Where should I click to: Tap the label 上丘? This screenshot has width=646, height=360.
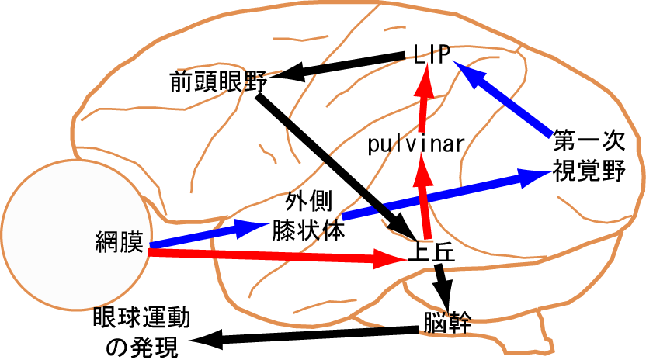coord(430,255)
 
